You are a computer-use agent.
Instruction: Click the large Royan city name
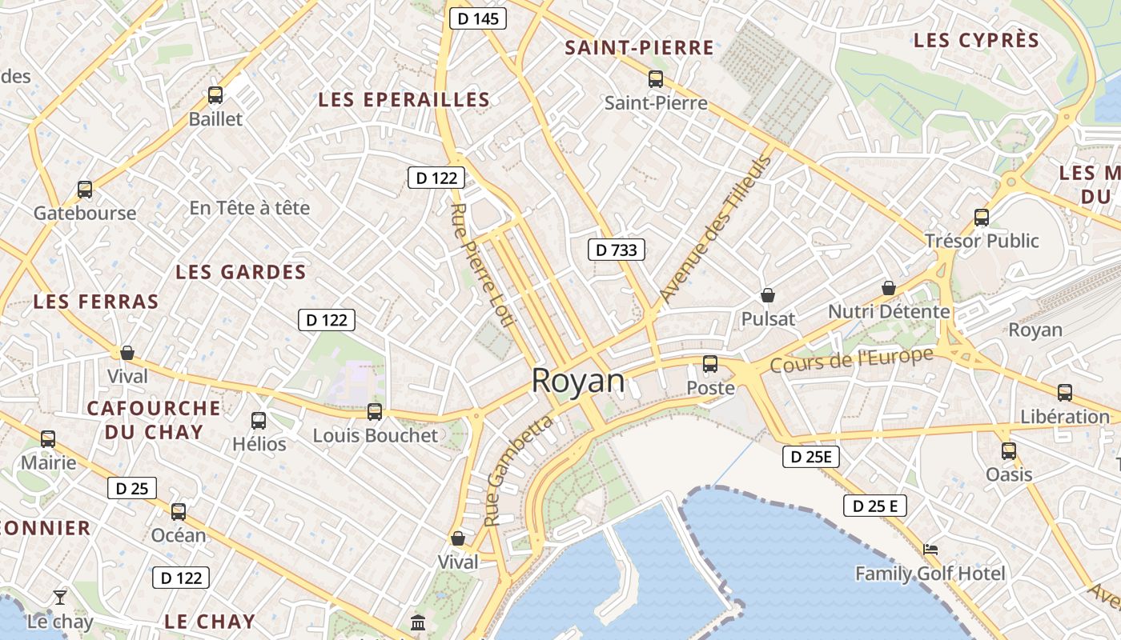click(x=578, y=381)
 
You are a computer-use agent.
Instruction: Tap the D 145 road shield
click(x=478, y=18)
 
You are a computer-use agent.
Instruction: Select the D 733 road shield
click(x=617, y=250)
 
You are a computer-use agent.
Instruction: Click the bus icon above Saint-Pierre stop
click(x=656, y=78)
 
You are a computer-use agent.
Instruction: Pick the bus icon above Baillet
click(x=215, y=95)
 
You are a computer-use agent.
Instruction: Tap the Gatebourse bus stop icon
click(x=85, y=190)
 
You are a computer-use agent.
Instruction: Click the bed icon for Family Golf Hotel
click(x=930, y=550)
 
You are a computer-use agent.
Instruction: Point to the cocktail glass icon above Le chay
click(x=60, y=597)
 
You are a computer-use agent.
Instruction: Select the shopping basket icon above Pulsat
click(x=768, y=295)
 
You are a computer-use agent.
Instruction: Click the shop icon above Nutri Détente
click(x=889, y=288)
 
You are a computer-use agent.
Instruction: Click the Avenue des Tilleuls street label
click(x=715, y=229)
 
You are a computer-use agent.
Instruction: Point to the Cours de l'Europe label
click(x=852, y=360)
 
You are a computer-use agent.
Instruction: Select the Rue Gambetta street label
click(x=518, y=470)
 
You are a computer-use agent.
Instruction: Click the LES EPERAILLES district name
click(x=404, y=99)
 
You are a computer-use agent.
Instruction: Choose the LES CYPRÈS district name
click(x=976, y=40)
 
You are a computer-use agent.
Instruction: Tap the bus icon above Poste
click(x=710, y=364)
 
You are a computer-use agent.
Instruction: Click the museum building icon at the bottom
click(x=418, y=622)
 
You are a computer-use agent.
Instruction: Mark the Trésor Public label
click(x=982, y=241)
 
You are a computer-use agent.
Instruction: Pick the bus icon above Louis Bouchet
click(x=375, y=412)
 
